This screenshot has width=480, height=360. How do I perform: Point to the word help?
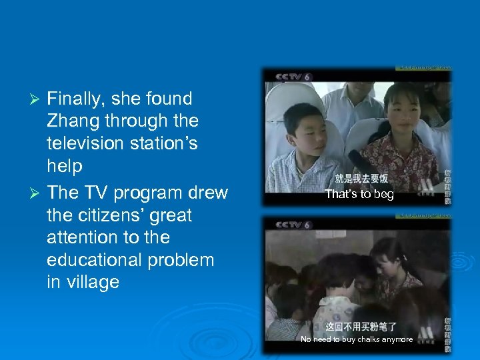pyautogui.click(x=65, y=166)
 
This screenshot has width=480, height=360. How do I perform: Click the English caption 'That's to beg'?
pyautogui.click(x=359, y=195)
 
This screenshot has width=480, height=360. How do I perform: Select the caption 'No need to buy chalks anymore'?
pyautogui.click(x=357, y=340)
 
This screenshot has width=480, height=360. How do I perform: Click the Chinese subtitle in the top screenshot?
pyautogui.click(x=361, y=179)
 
